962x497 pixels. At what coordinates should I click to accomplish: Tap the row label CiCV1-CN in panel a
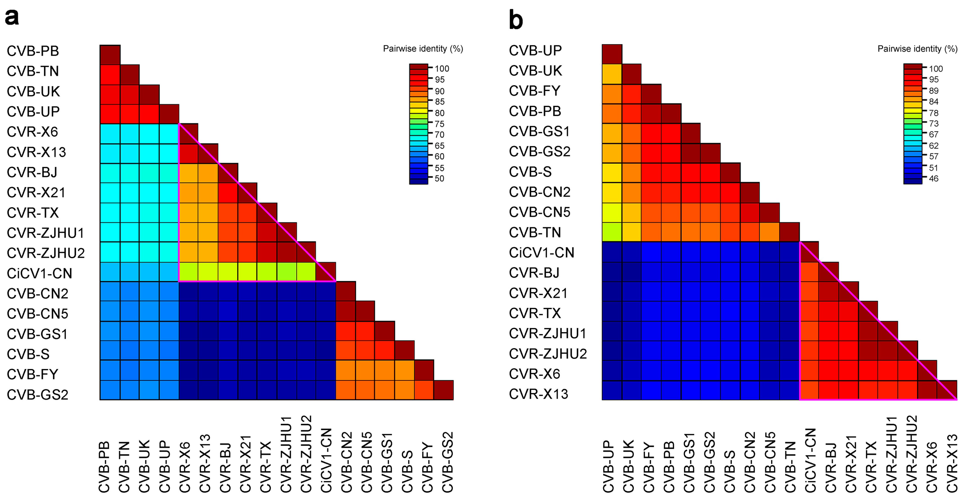pos(39,273)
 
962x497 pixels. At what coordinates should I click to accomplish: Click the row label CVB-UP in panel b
pos(535,50)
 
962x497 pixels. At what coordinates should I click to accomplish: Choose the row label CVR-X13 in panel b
pos(538,394)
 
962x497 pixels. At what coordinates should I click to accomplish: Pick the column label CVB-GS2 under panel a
pos(447,462)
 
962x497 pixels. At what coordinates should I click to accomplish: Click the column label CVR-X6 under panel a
pos(185,467)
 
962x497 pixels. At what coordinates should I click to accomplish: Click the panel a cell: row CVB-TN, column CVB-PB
pos(110,75)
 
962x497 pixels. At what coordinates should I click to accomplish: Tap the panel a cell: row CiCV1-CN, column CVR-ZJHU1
pos(287,271)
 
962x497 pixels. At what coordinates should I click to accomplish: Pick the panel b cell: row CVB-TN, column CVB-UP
pos(612,232)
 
